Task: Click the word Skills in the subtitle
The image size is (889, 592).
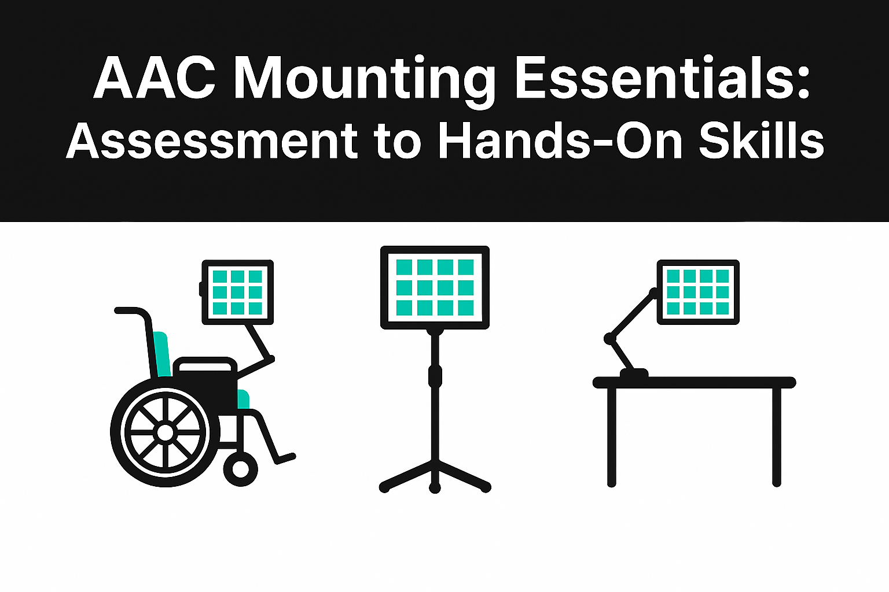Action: coord(762,138)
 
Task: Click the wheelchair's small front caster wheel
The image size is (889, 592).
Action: coord(241,469)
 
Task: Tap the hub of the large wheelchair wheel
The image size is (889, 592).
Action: coord(165,432)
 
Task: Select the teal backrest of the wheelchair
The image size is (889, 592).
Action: coord(162,354)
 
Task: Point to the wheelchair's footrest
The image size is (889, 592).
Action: coord(285,458)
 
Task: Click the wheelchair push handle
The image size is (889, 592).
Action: coord(131,311)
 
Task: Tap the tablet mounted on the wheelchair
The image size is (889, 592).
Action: coord(237,292)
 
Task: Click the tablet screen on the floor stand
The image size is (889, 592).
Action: coord(435,287)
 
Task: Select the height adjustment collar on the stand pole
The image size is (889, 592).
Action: coord(435,376)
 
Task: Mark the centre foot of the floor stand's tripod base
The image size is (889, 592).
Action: coord(435,487)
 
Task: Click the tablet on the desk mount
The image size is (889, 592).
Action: coord(698,292)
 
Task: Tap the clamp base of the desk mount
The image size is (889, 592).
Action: coord(634,373)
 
